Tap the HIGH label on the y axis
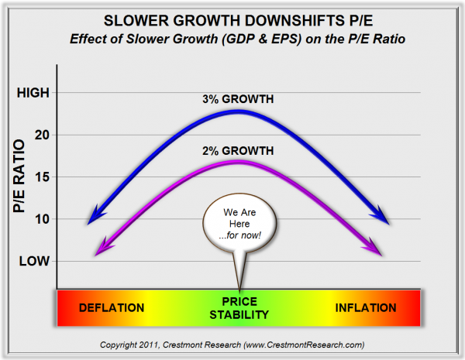click(33, 93)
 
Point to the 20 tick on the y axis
click(42, 135)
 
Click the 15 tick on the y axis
click(42, 177)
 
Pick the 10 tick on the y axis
click(42, 218)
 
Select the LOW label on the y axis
click(34, 260)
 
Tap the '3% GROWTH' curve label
click(239, 98)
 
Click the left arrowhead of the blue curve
click(94, 217)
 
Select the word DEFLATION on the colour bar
click(112, 307)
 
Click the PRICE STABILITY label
click(239, 307)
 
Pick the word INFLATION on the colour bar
click(366, 307)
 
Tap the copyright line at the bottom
click(232, 344)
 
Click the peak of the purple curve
click(239, 162)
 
